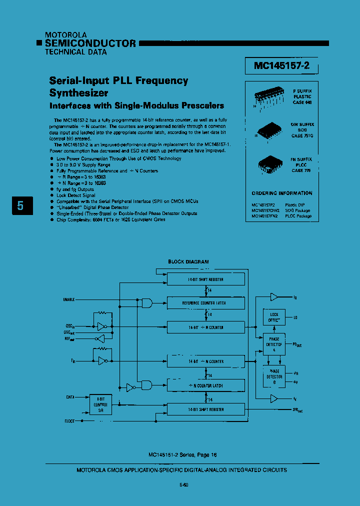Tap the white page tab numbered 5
point(20,205)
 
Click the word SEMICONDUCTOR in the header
point(90,43)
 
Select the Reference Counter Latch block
point(206,303)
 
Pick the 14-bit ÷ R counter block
point(206,326)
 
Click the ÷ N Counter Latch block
point(206,385)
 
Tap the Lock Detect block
point(274,317)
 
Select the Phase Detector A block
point(274,344)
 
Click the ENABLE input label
point(69,299)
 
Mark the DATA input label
point(70,397)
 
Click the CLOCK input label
point(69,421)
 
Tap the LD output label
point(295,317)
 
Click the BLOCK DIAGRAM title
point(188,262)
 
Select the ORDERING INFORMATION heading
point(281,193)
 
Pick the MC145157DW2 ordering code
point(265,210)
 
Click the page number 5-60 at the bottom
point(183,484)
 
